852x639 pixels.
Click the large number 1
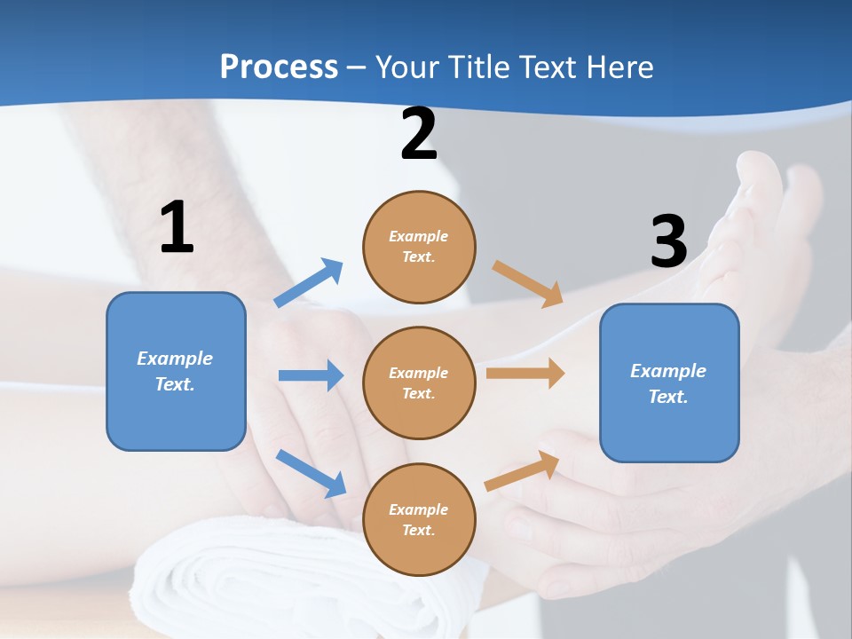pyautogui.click(x=177, y=228)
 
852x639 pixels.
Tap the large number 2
pyautogui.click(x=419, y=134)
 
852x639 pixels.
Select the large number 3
pyautogui.click(x=668, y=241)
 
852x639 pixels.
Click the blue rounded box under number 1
pyautogui.click(x=176, y=371)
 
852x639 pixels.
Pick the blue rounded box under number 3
pyautogui.click(x=669, y=383)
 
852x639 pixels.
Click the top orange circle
pyautogui.click(x=419, y=247)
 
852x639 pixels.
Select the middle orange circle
pyautogui.click(x=419, y=383)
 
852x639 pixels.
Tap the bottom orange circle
pyautogui.click(x=419, y=520)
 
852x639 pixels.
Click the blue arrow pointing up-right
pyautogui.click(x=309, y=283)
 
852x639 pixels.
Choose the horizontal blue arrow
pyautogui.click(x=311, y=375)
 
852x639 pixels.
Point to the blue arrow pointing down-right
pyautogui.click(x=311, y=472)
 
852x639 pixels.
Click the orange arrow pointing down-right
pyautogui.click(x=528, y=283)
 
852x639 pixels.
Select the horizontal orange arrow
pyautogui.click(x=525, y=374)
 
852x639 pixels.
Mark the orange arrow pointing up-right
pyautogui.click(x=523, y=470)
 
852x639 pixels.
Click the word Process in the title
pyautogui.click(x=279, y=67)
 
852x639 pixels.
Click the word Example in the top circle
pyautogui.click(x=419, y=236)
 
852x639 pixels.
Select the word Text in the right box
pyautogui.click(x=668, y=397)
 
